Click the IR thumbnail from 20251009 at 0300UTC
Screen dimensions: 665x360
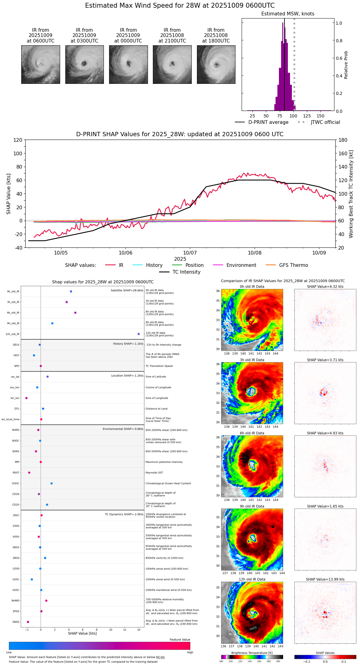point(84,64)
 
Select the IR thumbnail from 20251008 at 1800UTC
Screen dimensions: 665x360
point(216,64)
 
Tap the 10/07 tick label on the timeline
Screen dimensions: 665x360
point(190,253)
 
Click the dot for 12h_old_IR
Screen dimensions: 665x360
point(139,334)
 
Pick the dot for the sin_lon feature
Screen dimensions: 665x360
point(27,398)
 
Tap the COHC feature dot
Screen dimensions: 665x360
point(51,483)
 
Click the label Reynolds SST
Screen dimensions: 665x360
point(154,473)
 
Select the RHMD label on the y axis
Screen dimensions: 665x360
point(15,601)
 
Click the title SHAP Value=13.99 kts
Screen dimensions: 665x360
point(325,580)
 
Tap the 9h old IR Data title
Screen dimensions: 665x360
point(252,506)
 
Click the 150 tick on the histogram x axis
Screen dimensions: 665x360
point(321,116)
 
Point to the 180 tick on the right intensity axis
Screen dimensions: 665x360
point(343,140)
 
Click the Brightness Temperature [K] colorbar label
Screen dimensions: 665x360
point(252,653)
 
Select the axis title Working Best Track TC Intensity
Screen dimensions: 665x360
point(351,194)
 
